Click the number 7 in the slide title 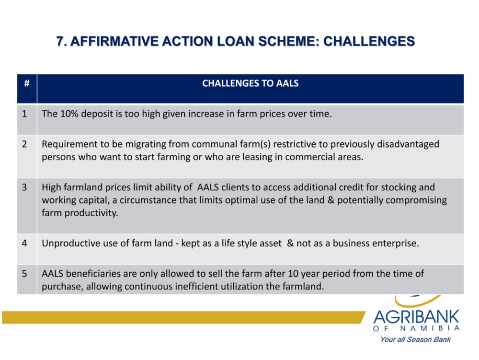coord(60,41)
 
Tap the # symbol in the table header coord(27,83)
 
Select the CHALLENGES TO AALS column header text coord(250,83)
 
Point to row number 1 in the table coord(24,114)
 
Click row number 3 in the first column coord(24,187)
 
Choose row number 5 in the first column coord(24,274)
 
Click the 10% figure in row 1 coord(69,114)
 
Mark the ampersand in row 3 coord(331,200)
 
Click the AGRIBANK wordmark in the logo coord(416,316)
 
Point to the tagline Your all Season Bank coord(415,339)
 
